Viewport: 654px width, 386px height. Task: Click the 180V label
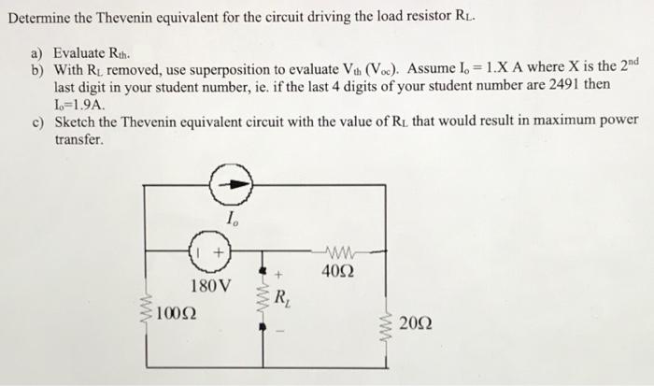[206, 284]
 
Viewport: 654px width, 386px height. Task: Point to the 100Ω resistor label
[178, 311]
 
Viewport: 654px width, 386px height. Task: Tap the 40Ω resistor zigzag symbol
[335, 250]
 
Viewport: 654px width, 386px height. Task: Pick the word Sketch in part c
[77, 122]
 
